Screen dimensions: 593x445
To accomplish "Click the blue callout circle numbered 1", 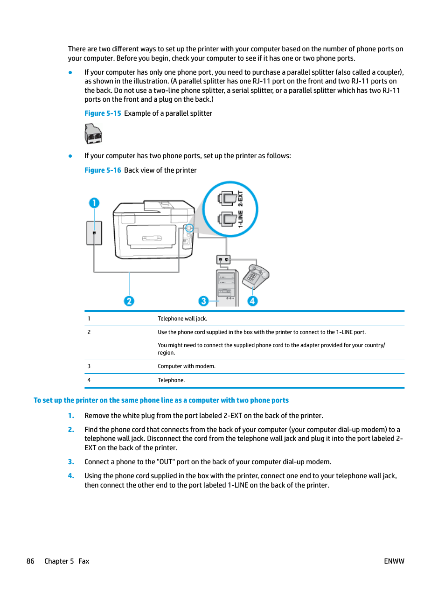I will (94, 203).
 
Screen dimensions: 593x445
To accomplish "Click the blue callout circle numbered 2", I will (129, 301).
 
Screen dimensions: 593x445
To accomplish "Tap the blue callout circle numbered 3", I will (203, 301).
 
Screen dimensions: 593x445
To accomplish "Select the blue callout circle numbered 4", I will (252, 301).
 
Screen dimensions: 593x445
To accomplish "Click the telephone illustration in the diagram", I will (255, 277).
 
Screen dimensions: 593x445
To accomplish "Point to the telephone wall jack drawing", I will (94, 233).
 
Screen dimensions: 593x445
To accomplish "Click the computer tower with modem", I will (227, 287).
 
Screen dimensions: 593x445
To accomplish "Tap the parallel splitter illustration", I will (93, 134).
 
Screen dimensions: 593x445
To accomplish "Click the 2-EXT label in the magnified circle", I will (241, 198).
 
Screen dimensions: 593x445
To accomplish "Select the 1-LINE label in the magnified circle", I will (241, 218).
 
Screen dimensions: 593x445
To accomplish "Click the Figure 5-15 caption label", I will (103, 113).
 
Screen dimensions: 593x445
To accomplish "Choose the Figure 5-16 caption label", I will (103, 170).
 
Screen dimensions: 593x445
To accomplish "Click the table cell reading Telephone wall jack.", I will (182, 319).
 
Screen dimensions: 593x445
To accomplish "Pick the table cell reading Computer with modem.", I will (187, 366).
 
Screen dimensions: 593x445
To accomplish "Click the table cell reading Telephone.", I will (171, 380).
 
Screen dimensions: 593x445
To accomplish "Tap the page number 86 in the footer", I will (30, 561).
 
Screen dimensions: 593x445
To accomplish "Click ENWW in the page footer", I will (394, 561).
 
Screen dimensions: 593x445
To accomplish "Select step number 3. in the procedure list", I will (71, 462).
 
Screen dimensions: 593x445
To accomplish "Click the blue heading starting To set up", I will (161, 400).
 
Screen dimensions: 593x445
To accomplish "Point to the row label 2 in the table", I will (89, 332).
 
